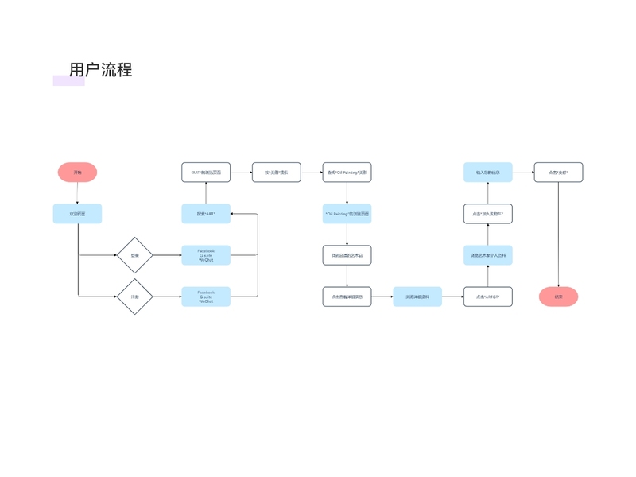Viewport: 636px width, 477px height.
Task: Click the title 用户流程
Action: coord(100,70)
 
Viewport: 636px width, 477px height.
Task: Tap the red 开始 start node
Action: coord(77,173)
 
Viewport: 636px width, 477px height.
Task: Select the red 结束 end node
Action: coord(558,297)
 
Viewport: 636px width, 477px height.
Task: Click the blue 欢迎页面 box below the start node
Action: coord(77,214)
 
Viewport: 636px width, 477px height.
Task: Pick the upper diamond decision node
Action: coord(134,255)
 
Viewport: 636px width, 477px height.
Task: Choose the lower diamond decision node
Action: coord(134,297)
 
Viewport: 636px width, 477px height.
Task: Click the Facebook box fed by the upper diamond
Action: coord(206,255)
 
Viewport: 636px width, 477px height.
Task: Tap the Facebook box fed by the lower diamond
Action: coord(206,297)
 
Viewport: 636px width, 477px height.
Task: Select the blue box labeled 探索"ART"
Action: coord(206,214)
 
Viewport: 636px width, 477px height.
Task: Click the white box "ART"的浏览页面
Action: coord(206,173)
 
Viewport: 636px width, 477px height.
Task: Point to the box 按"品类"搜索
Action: coord(277,173)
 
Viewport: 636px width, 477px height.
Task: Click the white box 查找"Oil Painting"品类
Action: coord(347,173)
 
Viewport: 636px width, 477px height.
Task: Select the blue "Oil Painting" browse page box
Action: coord(347,214)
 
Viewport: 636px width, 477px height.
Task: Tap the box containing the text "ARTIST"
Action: coord(487,297)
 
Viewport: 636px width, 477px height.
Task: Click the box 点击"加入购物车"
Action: coord(487,214)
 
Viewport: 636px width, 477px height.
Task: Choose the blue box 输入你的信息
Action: coord(487,173)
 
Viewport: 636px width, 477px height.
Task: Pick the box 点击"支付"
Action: coord(558,173)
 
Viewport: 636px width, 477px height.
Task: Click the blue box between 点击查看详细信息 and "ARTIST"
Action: coord(417,297)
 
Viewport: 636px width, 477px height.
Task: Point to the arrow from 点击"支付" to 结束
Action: coord(558,235)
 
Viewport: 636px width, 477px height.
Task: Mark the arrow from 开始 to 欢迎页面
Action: coord(77,193)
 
